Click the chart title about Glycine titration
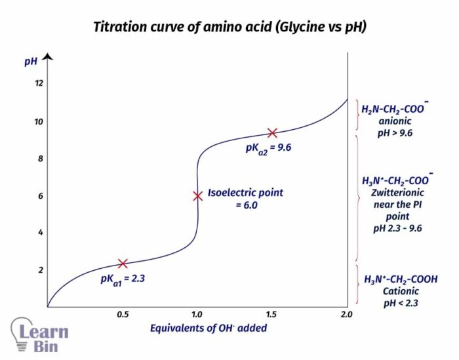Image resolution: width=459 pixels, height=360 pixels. pos(229,27)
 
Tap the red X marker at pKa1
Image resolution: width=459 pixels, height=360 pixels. pos(122,264)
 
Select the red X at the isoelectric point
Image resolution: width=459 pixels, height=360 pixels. pos(197,196)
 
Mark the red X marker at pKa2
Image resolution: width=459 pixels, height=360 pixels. pos(272,133)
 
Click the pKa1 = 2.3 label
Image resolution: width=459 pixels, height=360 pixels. pos(123,279)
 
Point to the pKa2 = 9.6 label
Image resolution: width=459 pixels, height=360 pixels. pos(268,148)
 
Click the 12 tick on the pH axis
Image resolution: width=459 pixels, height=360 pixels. pos(39,83)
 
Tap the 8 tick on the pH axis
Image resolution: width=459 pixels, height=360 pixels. pos(39,159)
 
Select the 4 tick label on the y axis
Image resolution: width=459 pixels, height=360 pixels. pos(39,233)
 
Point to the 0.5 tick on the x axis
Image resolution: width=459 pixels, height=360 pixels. pos(122,315)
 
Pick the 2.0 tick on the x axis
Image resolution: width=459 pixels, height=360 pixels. pos(346,315)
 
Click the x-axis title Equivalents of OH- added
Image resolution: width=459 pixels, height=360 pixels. pos(209,328)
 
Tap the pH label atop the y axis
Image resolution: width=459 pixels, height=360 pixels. pos(30,62)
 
